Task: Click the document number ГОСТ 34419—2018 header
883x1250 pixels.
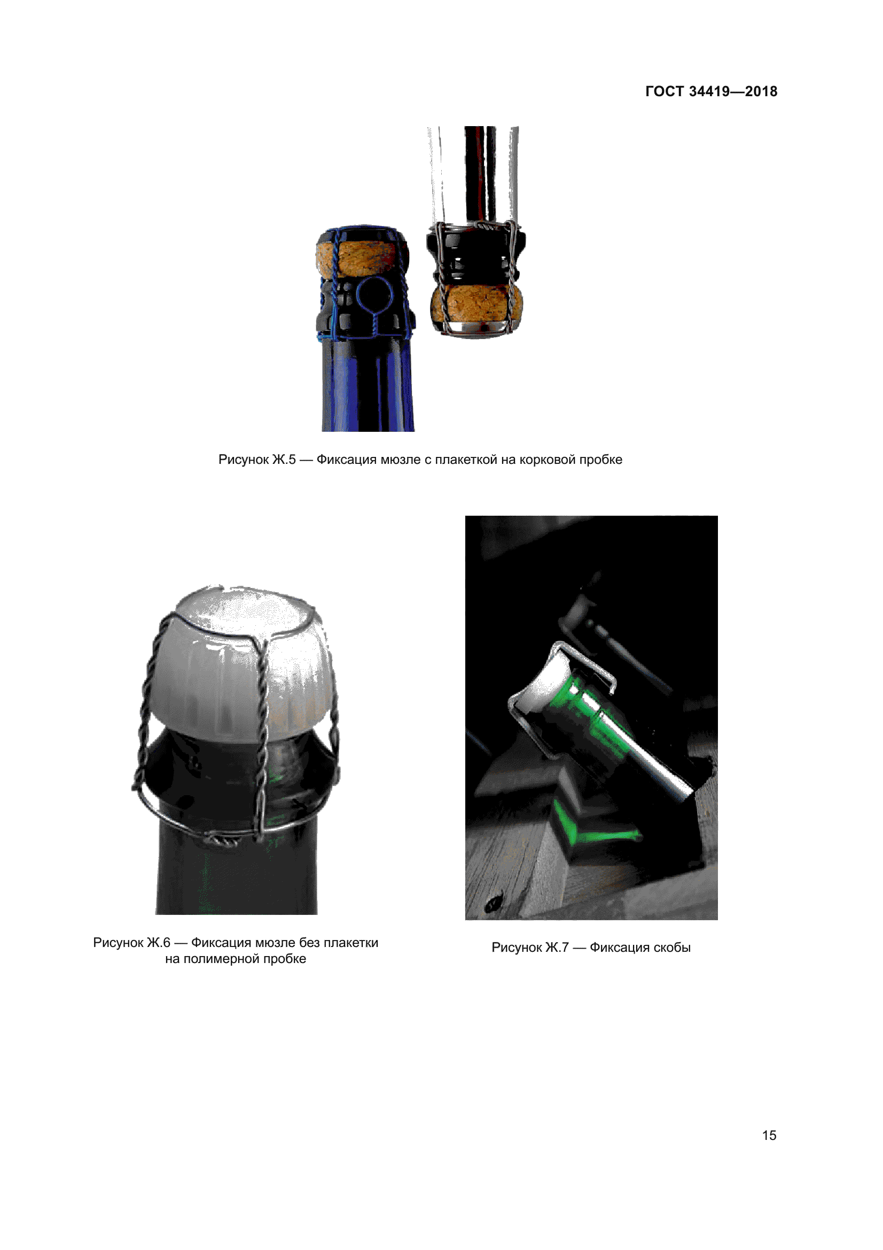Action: click(x=711, y=91)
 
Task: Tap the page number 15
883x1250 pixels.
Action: click(x=769, y=1135)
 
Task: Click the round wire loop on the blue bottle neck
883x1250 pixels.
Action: click(x=374, y=295)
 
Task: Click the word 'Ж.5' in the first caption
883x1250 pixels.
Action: click(x=284, y=460)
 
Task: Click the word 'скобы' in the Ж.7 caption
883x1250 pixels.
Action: click(x=672, y=948)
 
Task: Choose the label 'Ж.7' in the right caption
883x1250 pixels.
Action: click(x=557, y=948)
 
